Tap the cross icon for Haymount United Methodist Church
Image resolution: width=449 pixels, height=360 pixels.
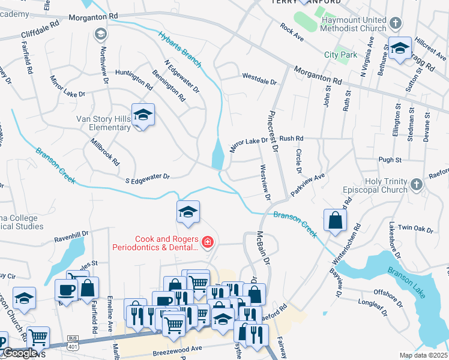coord(395,23)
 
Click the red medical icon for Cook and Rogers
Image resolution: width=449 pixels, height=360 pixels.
coord(207,242)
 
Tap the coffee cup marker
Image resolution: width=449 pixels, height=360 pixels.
coord(66,290)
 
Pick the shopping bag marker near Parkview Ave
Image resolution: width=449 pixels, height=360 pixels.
coord(334,220)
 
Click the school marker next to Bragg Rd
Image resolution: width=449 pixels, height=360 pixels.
coord(399,48)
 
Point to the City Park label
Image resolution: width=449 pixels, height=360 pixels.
coord(340,55)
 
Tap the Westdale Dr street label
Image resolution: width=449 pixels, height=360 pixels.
coord(259,77)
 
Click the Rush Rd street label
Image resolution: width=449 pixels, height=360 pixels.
coord(292,139)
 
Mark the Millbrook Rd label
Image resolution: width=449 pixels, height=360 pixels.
coord(105,153)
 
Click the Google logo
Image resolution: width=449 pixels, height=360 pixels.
coord(20,353)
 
